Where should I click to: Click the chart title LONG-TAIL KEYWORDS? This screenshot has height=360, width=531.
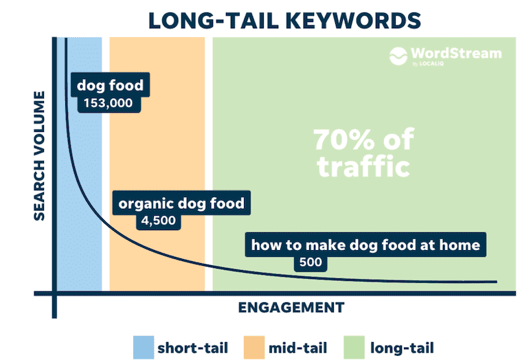(284, 21)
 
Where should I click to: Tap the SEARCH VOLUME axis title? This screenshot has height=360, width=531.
(39, 156)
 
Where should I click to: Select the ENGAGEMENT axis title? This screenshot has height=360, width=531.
(291, 308)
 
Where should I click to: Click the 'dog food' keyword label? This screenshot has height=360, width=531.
(110, 85)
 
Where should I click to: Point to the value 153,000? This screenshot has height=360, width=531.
(108, 103)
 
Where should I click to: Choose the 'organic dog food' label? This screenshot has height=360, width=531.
(181, 203)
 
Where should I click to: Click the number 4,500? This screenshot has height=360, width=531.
(158, 221)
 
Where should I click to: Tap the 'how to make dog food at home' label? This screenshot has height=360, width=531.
(365, 245)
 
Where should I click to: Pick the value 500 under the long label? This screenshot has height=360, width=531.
(310, 262)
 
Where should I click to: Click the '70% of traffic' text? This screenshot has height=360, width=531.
(363, 153)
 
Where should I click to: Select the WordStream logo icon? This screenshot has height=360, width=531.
(398, 56)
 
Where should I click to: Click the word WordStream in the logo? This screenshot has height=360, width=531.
(456, 54)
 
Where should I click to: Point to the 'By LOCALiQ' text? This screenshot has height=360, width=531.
(428, 64)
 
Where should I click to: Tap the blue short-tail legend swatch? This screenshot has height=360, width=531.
(144, 348)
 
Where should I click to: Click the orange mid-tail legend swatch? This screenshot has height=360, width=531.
(254, 348)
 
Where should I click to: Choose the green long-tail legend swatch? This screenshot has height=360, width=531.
(354, 348)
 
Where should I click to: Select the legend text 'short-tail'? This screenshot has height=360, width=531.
(193, 348)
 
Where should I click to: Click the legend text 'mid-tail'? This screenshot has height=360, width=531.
(297, 348)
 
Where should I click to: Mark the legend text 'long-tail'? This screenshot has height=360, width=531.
(402, 348)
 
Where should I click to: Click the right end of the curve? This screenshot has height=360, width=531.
(497, 282)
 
